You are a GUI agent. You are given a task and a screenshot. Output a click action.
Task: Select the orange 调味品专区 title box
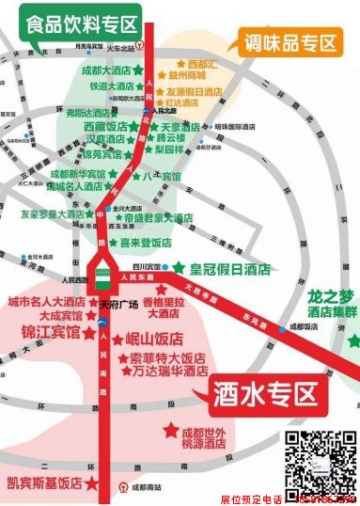coord(291,42)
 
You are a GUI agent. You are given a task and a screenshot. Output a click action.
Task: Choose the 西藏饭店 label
coord(103,126)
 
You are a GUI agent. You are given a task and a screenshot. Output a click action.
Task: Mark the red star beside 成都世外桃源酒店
coord(171,431)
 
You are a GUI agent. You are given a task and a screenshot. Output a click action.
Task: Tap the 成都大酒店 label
coord(105,70)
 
